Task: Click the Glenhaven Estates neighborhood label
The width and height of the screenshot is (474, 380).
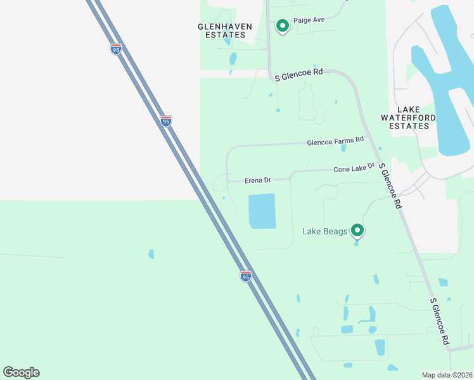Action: tap(225, 30)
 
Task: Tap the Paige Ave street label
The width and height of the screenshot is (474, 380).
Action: tap(309, 20)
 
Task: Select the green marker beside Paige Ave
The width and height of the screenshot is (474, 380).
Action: tap(283, 26)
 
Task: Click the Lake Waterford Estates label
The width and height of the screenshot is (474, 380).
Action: tap(409, 118)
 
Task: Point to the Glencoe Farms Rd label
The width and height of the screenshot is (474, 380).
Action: tap(335, 140)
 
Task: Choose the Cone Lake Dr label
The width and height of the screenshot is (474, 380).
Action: tap(354, 168)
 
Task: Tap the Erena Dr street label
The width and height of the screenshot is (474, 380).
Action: tap(258, 180)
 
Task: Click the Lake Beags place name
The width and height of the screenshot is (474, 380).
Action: tap(324, 231)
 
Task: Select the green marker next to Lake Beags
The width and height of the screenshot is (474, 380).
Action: tap(358, 230)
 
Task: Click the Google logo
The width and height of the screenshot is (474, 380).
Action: tap(22, 372)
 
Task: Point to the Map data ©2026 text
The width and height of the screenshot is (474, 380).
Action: tap(446, 375)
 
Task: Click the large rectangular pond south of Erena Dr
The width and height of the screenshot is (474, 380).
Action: tap(262, 211)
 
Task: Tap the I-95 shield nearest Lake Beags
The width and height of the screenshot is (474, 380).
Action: tap(246, 276)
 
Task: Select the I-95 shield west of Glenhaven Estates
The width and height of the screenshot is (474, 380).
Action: tap(115, 49)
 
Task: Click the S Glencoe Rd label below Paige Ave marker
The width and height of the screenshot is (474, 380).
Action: tap(299, 74)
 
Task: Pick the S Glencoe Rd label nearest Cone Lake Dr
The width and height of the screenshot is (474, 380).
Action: tap(390, 185)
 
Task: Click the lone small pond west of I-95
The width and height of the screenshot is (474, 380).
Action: tap(151, 254)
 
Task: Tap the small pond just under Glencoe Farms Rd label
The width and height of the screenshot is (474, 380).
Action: tap(343, 148)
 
